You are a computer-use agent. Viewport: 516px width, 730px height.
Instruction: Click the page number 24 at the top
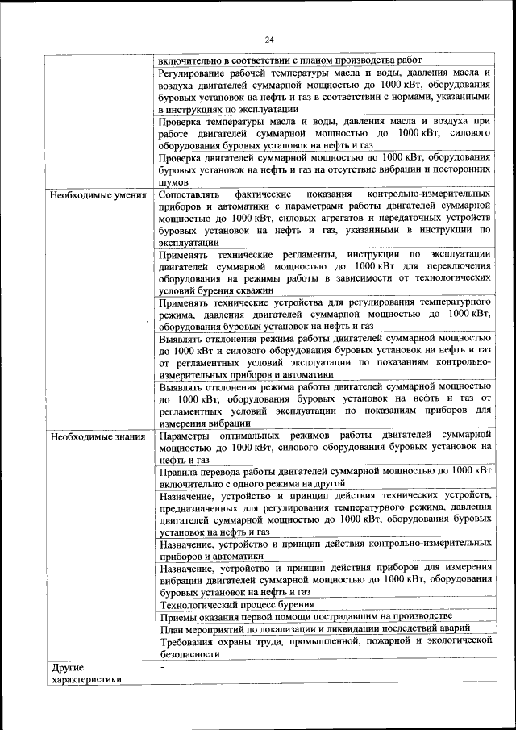(269, 38)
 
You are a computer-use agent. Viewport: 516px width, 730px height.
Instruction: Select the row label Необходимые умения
(98, 195)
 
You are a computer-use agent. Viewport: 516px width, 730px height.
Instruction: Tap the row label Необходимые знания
(97, 437)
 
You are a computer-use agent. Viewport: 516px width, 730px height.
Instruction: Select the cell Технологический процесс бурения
(237, 603)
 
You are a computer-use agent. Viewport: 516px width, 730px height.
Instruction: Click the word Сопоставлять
(189, 195)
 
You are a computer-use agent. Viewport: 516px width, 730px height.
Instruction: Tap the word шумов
(173, 182)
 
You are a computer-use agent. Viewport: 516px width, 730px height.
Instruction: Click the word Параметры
(185, 436)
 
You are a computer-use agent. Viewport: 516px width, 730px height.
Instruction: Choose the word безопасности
(189, 654)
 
